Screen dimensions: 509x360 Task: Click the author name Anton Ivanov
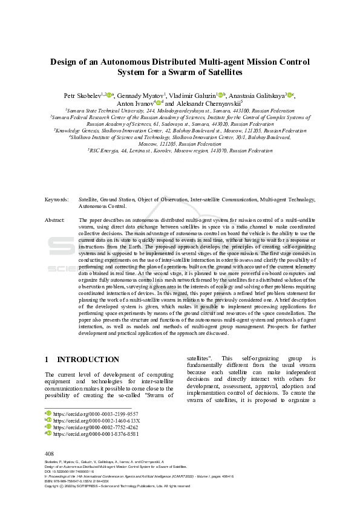[x=136, y=103]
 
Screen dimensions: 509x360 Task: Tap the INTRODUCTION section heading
[x=88, y=359]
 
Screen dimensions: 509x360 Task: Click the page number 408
[x=50, y=453]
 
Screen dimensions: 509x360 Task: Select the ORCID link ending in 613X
[x=96, y=421]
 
